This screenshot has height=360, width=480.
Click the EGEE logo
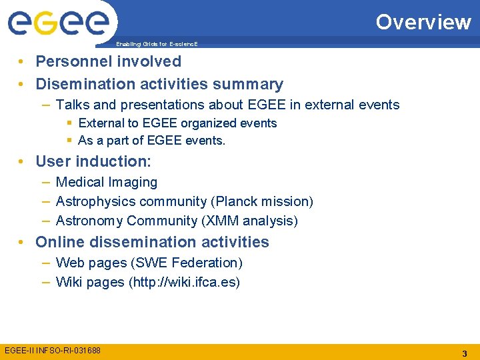58,23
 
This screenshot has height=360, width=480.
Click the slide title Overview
423,22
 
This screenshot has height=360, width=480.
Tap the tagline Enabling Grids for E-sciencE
157,44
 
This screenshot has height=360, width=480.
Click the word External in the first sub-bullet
100,123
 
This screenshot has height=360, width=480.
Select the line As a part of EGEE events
151,141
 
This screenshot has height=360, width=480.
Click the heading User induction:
93,161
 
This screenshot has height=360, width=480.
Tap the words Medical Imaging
107,182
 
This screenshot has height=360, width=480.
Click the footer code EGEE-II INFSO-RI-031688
53,350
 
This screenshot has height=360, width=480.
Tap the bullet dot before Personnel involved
23,62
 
